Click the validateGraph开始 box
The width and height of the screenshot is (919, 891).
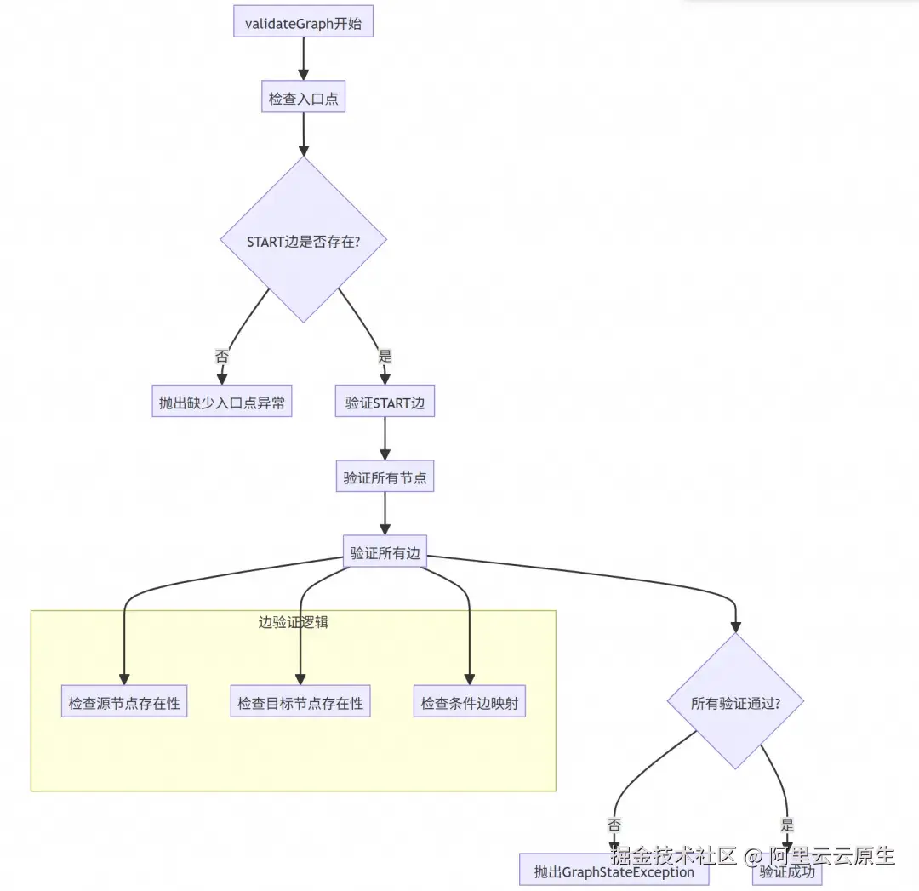click(303, 23)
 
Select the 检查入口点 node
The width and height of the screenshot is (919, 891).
click(303, 99)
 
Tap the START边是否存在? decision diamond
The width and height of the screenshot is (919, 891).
click(304, 240)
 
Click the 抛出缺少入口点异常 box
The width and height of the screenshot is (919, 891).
click(222, 403)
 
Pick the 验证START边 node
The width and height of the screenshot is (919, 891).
click(385, 403)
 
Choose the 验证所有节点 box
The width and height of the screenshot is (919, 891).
click(385, 478)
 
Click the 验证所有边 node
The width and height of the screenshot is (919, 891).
click(385, 553)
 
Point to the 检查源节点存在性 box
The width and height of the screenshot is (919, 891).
click(124, 704)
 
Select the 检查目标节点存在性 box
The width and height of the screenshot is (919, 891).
click(300, 704)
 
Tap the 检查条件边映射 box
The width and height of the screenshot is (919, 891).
click(469, 704)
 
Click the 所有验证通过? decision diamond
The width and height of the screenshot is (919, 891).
click(735, 703)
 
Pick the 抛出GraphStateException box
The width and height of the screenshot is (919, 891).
click(614, 871)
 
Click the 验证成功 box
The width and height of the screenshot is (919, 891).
click(787, 871)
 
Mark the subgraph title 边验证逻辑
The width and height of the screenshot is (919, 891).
click(293, 622)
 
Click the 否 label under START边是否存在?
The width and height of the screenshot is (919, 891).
click(222, 356)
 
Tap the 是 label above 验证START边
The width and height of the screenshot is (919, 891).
click(385, 356)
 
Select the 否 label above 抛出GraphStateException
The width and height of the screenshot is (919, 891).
click(614, 825)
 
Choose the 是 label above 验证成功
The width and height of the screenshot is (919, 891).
click(787, 825)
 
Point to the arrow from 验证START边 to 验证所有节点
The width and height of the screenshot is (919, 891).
click(385, 439)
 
